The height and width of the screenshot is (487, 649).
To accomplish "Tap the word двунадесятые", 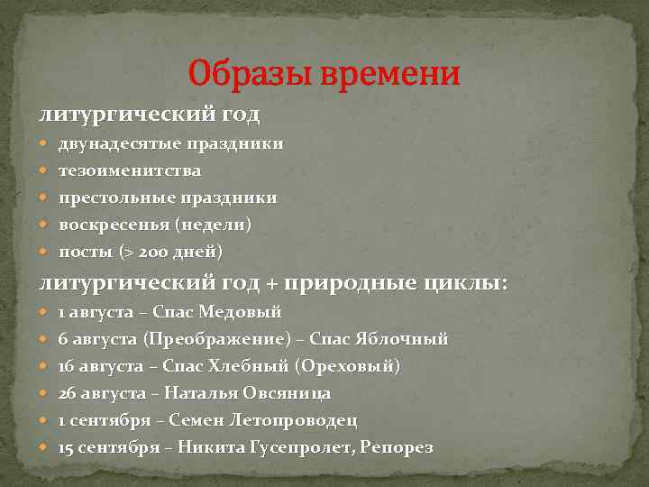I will (121, 143).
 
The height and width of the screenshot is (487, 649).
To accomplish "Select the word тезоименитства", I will (130, 170).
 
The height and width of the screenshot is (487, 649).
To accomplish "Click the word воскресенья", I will (114, 224).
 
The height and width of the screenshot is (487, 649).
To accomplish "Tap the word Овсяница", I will (284, 393).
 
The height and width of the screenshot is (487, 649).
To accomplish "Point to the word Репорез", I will (397, 447).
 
